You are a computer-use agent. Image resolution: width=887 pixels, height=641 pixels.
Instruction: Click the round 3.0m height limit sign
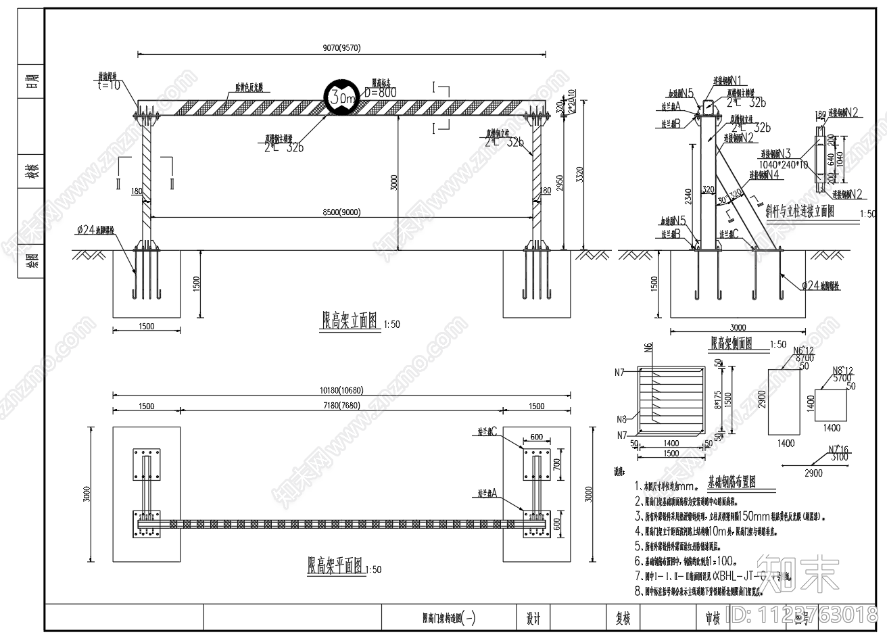coord(342,99)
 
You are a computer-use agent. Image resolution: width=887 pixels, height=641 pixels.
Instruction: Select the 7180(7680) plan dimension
coord(341,406)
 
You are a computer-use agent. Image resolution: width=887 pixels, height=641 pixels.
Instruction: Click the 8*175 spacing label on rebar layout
coord(718,404)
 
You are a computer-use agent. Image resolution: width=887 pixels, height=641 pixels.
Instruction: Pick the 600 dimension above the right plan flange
coord(537,437)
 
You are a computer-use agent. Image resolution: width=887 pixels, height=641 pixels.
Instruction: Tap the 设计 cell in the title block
coord(533,618)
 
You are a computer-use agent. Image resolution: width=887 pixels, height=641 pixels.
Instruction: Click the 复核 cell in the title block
coord(623,618)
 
